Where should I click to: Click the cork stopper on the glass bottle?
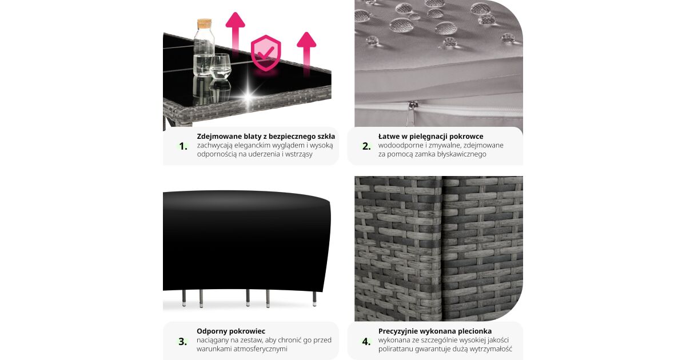(x=204, y=24)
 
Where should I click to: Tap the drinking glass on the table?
(x=221, y=67)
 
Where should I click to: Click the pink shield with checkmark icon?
(x=266, y=53)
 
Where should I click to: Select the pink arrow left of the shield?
(x=235, y=34)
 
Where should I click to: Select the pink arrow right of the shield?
(x=306, y=53)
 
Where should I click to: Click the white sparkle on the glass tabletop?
(x=249, y=97)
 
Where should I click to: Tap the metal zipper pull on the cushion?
(x=410, y=114)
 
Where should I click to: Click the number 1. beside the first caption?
(x=183, y=146)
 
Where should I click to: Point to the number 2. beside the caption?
(x=366, y=146)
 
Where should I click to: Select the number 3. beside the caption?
(x=183, y=341)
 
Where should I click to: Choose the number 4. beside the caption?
(x=366, y=341)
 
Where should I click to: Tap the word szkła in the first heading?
(x=326, y=137)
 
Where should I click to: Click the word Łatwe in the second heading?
(x=388, y=137)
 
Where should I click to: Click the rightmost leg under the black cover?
(x=314, y=298)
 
